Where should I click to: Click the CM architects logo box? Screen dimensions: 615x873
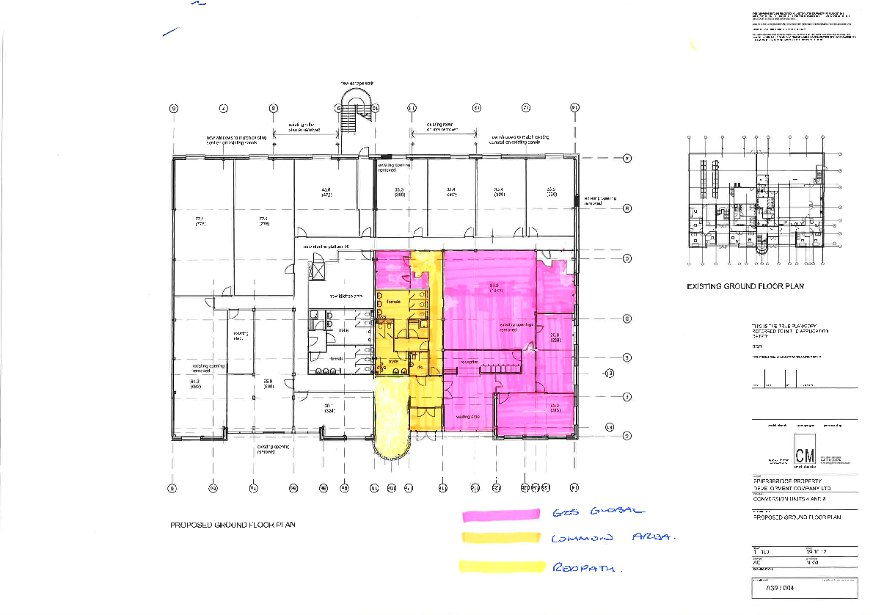click(803, 448)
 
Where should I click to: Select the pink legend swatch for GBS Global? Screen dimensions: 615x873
click(500, 514)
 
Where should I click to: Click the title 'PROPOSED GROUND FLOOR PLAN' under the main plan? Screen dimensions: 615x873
click(232, 525)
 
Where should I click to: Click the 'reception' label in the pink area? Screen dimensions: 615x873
click(470, 362)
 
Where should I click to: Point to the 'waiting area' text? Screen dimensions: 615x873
click(467, 417)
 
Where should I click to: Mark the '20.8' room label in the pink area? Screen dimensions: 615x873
click(555, 338)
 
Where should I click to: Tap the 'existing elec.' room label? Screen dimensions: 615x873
click(241, 336)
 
